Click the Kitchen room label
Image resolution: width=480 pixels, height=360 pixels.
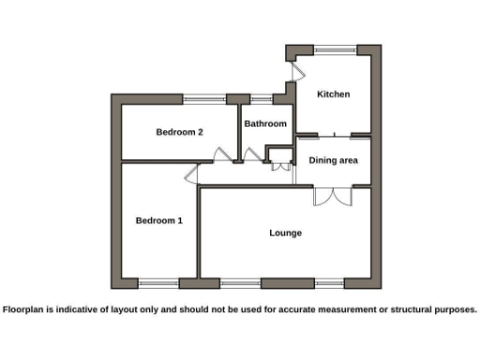tap(333, 95)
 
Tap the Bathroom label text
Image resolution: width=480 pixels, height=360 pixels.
tap(265, 124)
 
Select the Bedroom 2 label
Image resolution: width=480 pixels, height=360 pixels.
tap(179, 132)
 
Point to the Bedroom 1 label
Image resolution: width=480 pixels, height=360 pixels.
tap(158, 220)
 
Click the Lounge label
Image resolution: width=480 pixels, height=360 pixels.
tap(285, 232)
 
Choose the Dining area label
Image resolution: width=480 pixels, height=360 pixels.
tap(334, 160)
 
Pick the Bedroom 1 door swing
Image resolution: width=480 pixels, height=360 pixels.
tap(190, 172)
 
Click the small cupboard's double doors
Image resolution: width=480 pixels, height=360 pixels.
tap(282, 169)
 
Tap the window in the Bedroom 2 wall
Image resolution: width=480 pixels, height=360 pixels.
tap(203, 97)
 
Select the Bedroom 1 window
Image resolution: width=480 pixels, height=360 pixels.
tap(158, 282)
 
